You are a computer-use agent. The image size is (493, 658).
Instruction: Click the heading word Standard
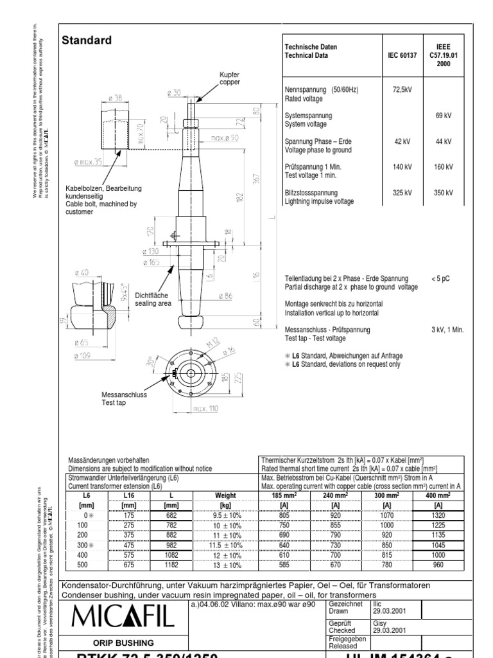86,40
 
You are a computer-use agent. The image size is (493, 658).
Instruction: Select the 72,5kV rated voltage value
402,89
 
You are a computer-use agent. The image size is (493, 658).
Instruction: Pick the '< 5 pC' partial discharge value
441,278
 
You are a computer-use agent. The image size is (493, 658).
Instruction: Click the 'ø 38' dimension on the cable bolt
116,98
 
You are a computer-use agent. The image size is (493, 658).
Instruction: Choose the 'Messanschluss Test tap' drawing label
125,398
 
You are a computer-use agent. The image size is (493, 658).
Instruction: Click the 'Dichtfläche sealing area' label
153,299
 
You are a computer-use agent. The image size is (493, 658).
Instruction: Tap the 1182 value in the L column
172,565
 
